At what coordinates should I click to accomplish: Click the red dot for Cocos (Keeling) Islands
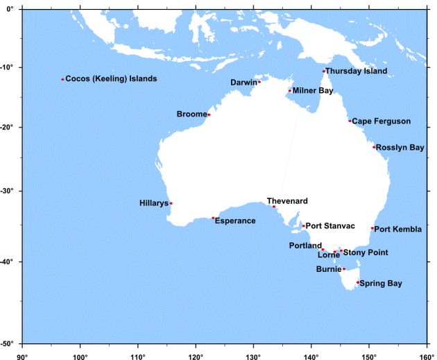click(x=62, y=79)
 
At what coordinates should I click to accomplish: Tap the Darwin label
click(x=243, y=83)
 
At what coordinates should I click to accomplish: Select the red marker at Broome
click(x=208, y=114)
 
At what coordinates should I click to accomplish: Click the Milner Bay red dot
click(x=289, y=90)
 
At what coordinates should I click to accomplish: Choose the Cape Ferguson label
click(x=381, y=121)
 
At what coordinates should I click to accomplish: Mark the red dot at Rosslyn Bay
click(x=373, y=147)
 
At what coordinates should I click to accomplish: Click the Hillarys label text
click(x=154, y=203)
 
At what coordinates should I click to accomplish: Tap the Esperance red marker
click(x=213, y=218)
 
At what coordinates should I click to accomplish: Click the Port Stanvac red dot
click(x=303, y=225)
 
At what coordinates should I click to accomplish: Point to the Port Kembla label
click(x=397, y=229)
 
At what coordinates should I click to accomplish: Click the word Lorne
click(x=329, y=255)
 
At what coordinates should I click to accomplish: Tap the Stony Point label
click(x=366, y=252)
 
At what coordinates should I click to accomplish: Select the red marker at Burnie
click(x=343, y=269)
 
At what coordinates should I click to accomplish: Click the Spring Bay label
click(x=380, y=283)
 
